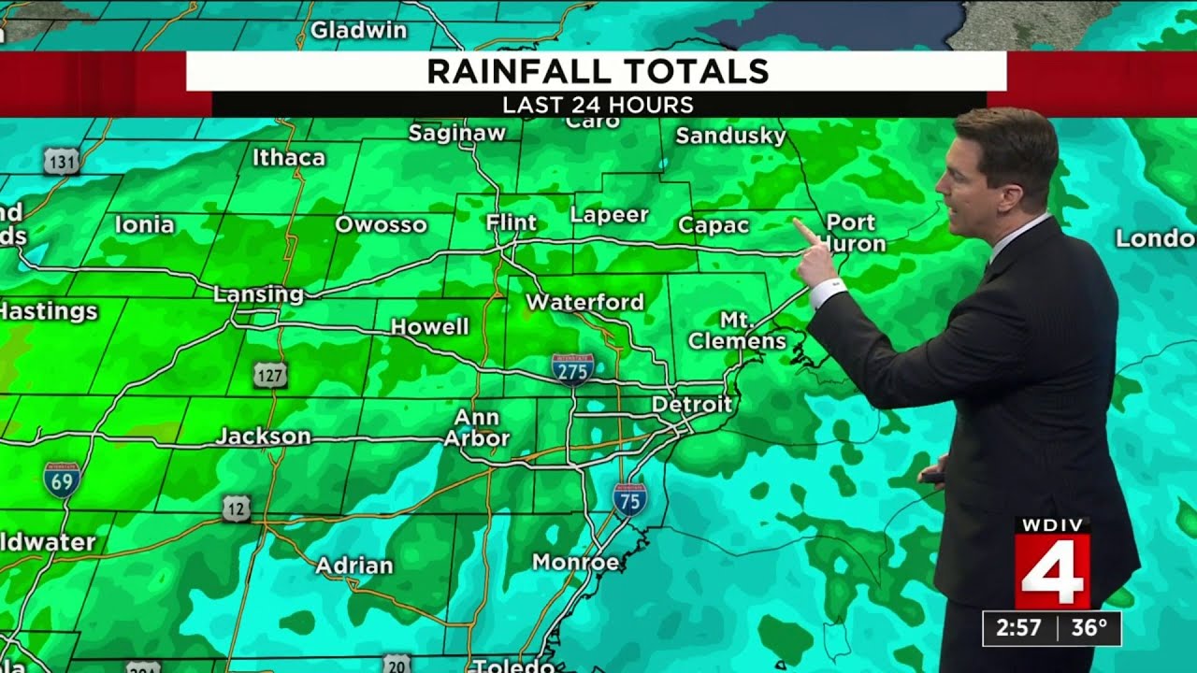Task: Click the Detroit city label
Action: (691, 405)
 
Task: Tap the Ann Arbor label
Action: (477, 427)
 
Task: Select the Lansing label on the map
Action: (258, 294)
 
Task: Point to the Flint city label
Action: (512, 222)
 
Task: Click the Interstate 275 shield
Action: (572, 369)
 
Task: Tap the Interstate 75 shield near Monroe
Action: (630, 499)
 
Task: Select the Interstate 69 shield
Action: (62, 479)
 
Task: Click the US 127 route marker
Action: (270, 376)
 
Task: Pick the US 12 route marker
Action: (237, 508)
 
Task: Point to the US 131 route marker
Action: (60, 162)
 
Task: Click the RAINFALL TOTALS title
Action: (598, 71)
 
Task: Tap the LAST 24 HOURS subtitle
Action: (598, 105)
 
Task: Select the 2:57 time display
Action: (1019, 628)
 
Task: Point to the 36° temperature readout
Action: (1089, 628)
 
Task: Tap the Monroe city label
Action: (575, 562)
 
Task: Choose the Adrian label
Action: (354, 566)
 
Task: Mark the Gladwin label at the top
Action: (359, 30)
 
